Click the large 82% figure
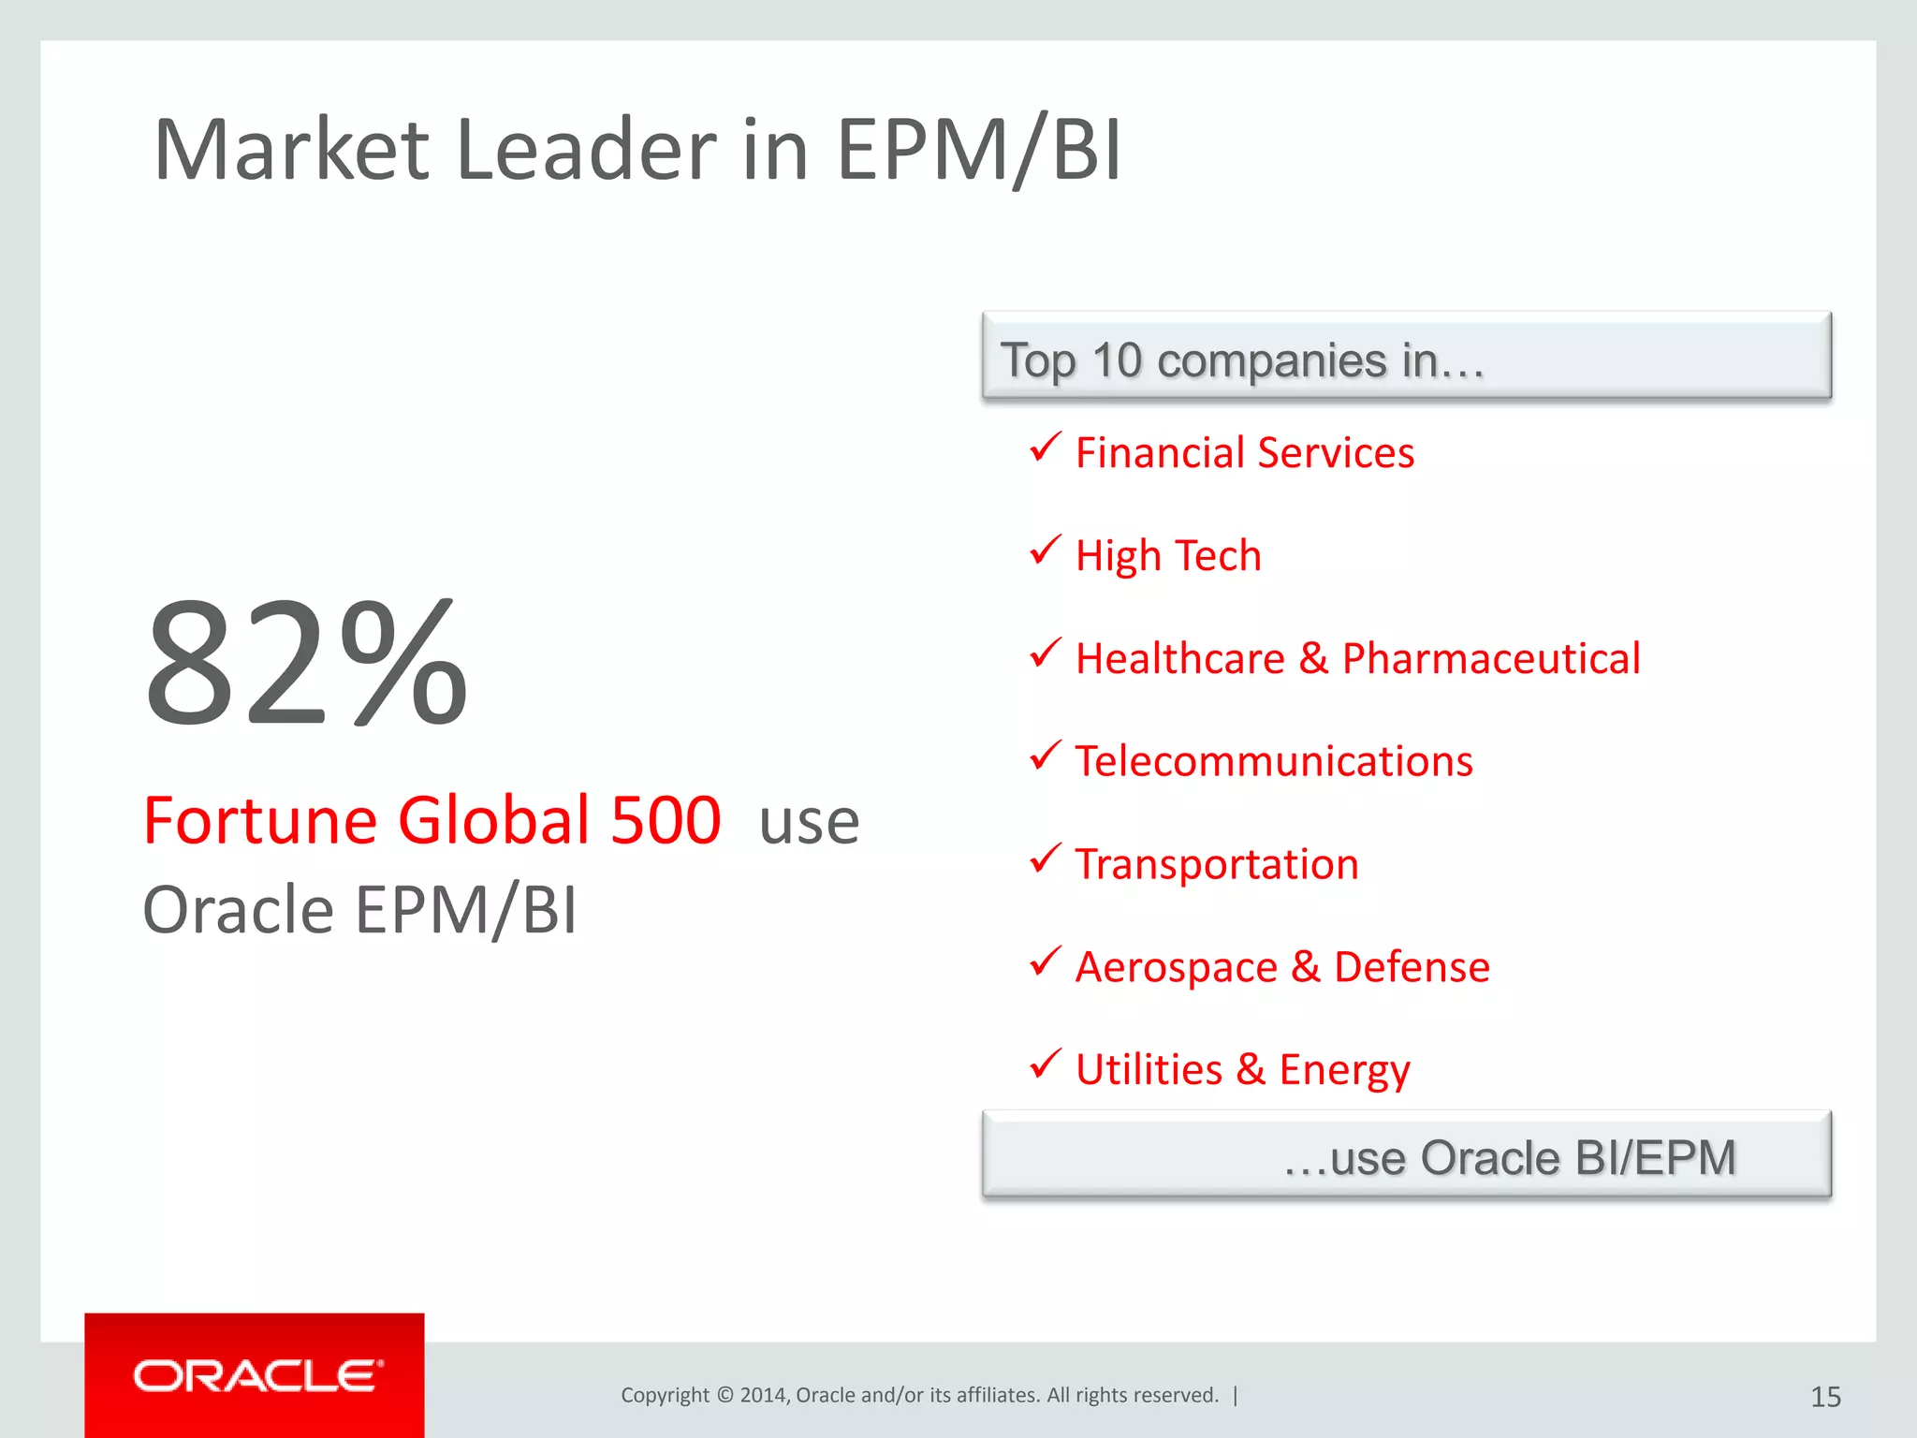click(x=306, y=665)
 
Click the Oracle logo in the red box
click(x=257, y=1376)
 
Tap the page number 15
click(x=1825, y=1397)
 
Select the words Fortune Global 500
click(x=432, y=821)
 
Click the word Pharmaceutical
click(x=1490, y=658)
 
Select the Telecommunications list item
click(x=1273, y=761)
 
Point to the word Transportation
click(x=1216, y=864)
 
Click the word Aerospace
click(x=1176, y=967)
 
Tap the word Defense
click(x=1412, y=967)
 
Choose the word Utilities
click(x=1149, y=1069)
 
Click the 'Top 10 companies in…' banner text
click(x=1241, y=360)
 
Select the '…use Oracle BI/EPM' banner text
click(x=1509, y=1158)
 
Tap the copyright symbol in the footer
click(x=724, y=1395)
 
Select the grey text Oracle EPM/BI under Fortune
click(x=359, y=910)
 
